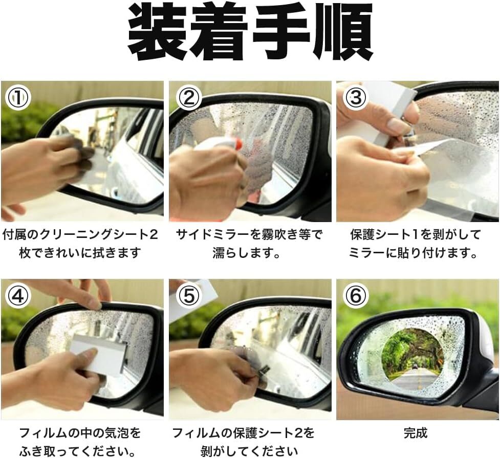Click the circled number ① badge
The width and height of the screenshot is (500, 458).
[x=18, y=98]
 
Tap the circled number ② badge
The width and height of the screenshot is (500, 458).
[x=189, y=98]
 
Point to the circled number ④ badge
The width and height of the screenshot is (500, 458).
[x=18, y=296]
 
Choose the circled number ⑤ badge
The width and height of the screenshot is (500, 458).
[x=189, y=296]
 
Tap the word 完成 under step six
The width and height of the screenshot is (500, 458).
[x=415, y=433]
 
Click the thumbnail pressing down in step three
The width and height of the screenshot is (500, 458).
[x=396, y=125]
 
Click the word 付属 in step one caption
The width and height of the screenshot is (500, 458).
[x=14, y=235]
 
